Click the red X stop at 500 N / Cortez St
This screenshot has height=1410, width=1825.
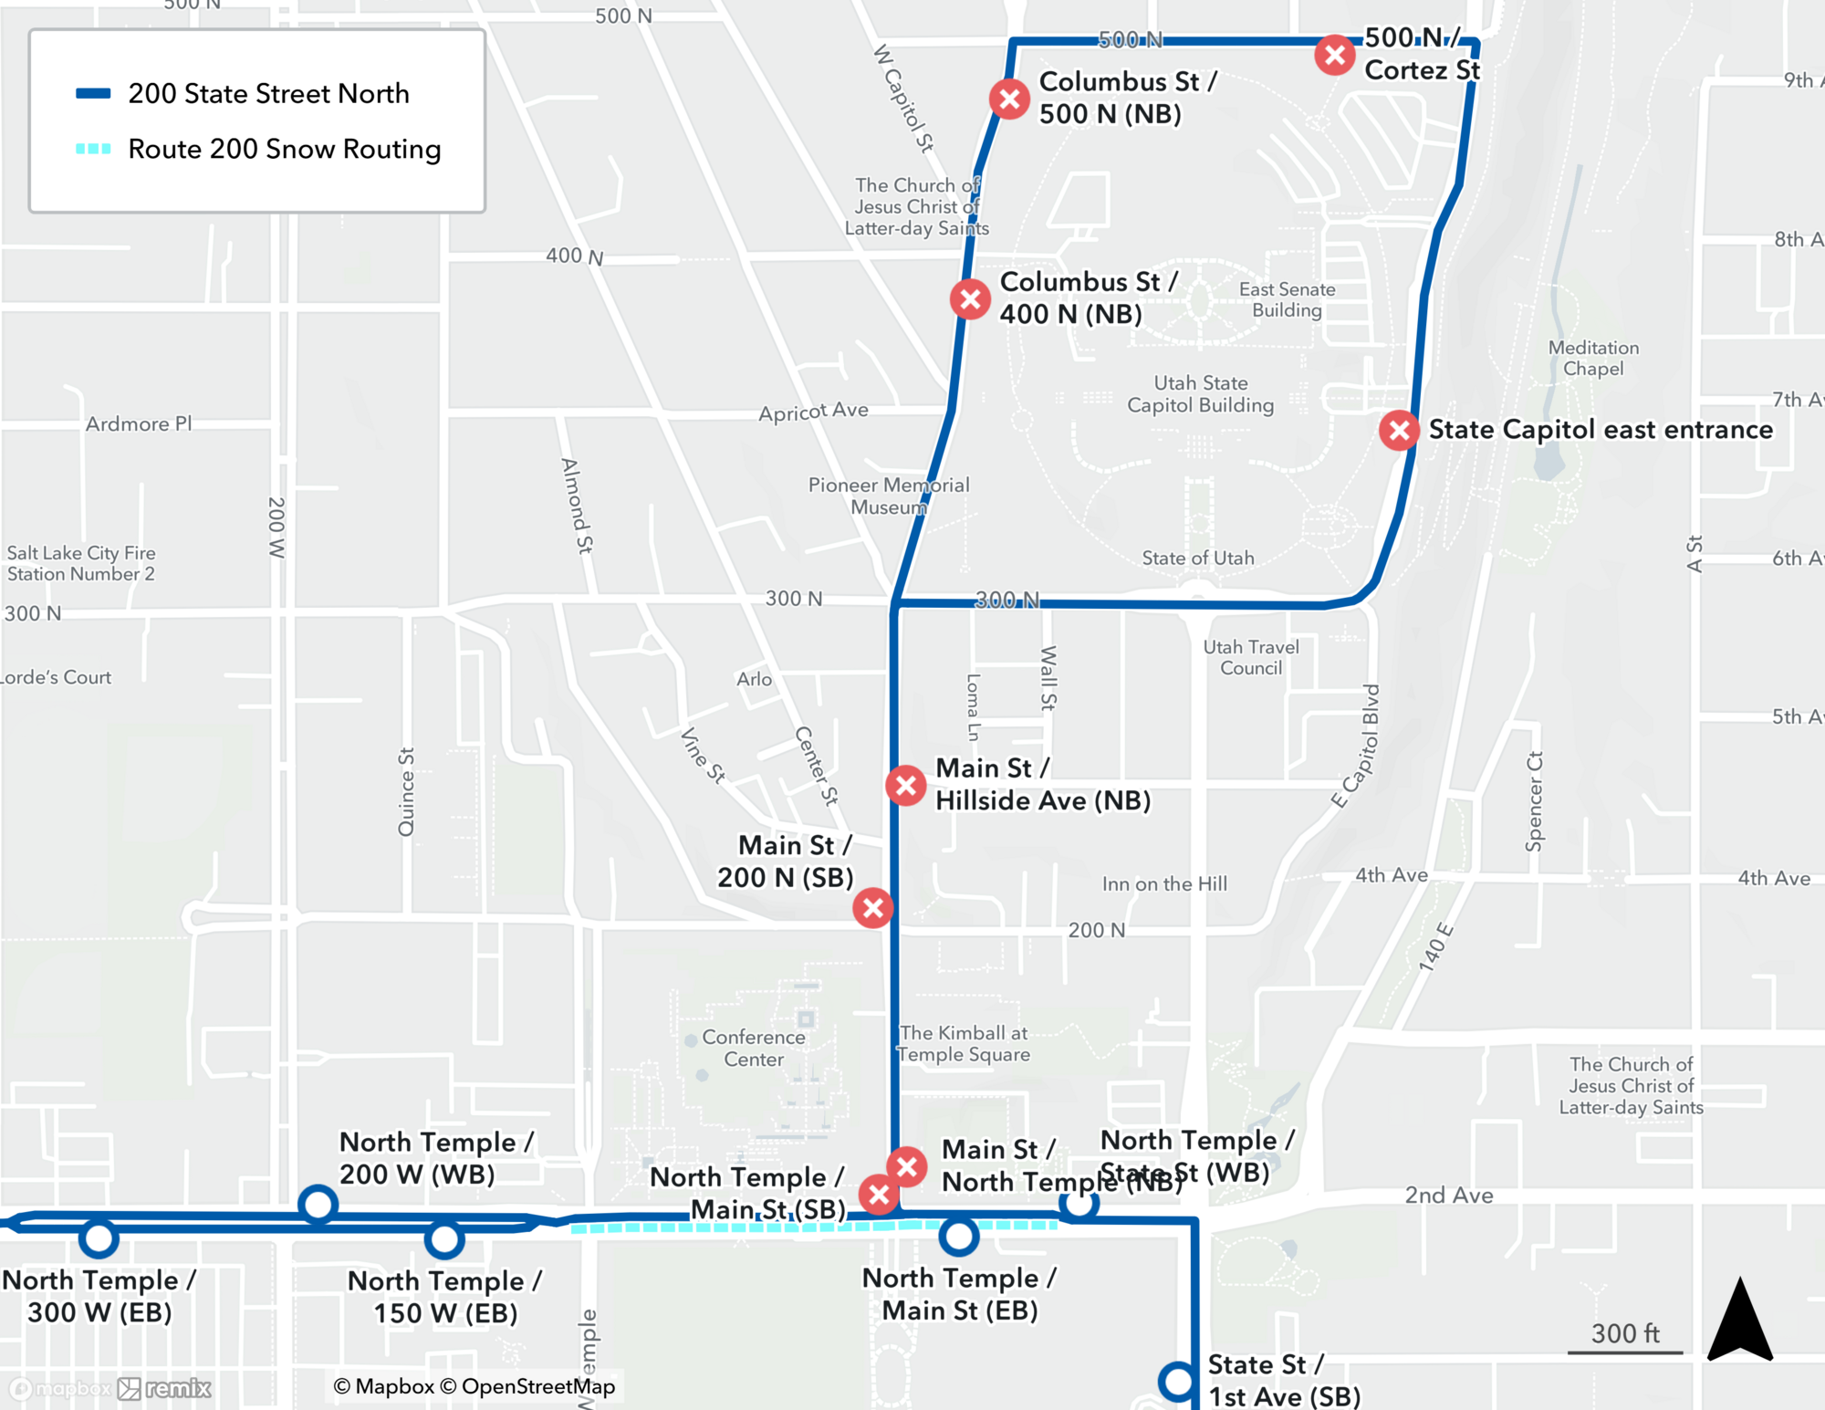pyautogui.click(x=1334, y=56)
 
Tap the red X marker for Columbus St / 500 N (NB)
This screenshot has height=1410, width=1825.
pyautogui.click(x=1009, y=99)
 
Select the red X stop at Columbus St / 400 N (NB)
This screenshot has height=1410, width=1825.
pyautogui.click(x=970, y=298)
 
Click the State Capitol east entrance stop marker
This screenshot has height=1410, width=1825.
pyautogui.click(x=1398, y=430)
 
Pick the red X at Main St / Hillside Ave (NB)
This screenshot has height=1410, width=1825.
pyautogui.click(x=906, y=785)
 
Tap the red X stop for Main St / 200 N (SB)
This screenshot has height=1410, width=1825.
pyautogui.click(x=873, y=908)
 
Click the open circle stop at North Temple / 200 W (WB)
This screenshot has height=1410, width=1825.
pyautogui.click(x=318, y=1205)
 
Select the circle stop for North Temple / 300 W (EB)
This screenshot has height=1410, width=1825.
pyautogui.click(x=99, y=1238)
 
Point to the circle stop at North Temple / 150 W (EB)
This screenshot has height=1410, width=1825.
pyautogui.click(x=444, y=1239)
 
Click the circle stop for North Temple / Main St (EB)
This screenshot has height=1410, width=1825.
pyautogui.click(x=959, y=1237)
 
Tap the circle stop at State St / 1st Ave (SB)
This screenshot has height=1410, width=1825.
pyautogui.click(x=1178, y=1381)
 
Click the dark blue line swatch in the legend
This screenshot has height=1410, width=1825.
pyautogui.click(x=93, y=93)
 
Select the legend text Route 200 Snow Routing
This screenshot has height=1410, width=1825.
pyautogui.click(x=284, y=149)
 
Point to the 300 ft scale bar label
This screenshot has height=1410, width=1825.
pyautogui.click(x=1625, y=1333)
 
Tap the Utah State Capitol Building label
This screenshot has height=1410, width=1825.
pyautogui.click(x=1200, y=394)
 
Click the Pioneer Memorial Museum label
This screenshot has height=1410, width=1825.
pyautogui.click(x=888, y=496)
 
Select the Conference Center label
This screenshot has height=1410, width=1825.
pyautogui.click(x=754, y=1048)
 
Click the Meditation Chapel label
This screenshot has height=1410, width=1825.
pyautogui.click(x=1593, y=358)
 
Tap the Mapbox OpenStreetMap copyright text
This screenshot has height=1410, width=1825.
pyautogui.click(x=474, y=1386)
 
